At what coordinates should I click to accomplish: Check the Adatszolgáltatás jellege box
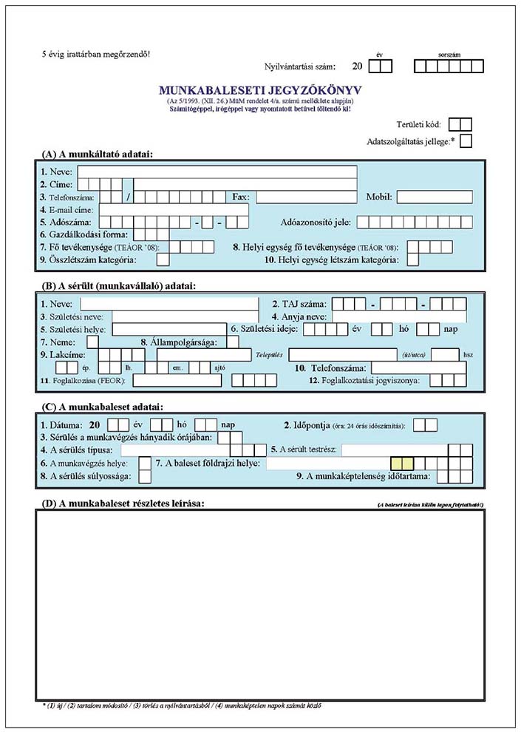466,140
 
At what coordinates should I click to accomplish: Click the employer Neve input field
217,172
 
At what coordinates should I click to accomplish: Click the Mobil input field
435,197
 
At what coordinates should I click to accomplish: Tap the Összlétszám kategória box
163,260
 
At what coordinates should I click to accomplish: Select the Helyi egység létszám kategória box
412,260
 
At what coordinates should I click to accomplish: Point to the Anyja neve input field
399,316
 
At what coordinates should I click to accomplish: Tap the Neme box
92,342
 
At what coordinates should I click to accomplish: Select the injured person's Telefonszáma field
419,367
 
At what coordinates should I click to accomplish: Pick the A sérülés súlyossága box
145,476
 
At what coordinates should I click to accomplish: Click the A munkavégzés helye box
145,463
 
